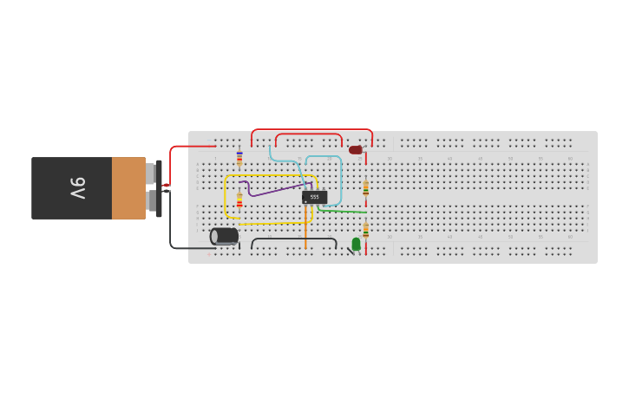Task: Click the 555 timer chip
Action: (314, 197)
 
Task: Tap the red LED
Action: (356, 150)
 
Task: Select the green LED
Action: (357, 244)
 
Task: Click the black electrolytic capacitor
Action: (225, 236)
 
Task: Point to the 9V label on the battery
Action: (77, 188)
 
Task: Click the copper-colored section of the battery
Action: (128, 188)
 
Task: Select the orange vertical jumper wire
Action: (305, 227)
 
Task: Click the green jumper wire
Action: (342, 210)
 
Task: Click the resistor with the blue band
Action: (239, 158)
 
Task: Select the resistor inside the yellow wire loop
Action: (239, 200)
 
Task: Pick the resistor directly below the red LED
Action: (365, 188)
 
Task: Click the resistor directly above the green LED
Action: (365, 230)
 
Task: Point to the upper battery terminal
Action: (151, 174)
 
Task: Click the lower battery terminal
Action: (151, 201)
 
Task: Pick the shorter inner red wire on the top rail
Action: (308, 134)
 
